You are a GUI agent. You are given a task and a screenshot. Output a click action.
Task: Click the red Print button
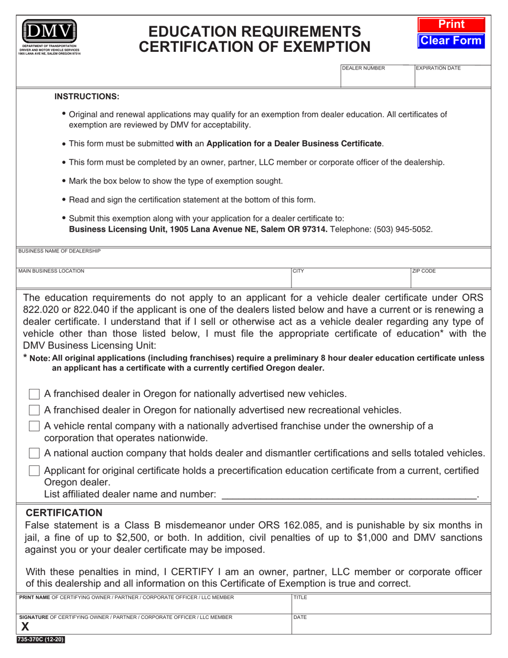click(451, 25)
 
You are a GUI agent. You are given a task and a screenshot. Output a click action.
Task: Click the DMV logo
click(49, 33)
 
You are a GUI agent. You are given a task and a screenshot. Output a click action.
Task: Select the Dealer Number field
click(378, 78)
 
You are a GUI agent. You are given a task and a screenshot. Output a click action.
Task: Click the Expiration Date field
click(452, 78)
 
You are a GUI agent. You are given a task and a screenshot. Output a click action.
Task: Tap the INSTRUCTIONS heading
click(87, 97)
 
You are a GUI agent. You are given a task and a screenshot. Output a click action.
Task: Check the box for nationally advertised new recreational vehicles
click(34, 410)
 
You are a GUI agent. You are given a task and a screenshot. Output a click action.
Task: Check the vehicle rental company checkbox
click(34, 426)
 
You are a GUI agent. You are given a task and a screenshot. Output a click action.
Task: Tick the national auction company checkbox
click(34, 453)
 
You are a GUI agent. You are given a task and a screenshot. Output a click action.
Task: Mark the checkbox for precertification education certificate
click(34, 471)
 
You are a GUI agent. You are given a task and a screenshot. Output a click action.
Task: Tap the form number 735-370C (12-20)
click(41, 639)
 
